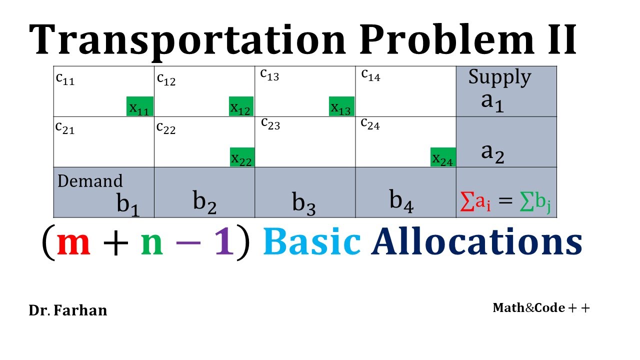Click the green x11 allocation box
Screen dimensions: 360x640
[x=139, y=106]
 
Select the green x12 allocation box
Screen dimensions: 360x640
[x=241, y=106]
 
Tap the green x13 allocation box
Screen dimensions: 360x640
[x=341, y=106]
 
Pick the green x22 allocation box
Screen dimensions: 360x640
[x=242, y=157]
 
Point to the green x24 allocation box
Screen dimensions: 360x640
[x=443, y=157]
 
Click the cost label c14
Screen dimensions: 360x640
[x=370, y=75]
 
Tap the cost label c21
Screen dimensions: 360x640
[x=65, y=128]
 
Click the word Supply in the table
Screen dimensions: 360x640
[x=499, y=77]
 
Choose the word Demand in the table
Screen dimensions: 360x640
[x=90, y=180]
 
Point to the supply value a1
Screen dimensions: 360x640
[x=492, y=101]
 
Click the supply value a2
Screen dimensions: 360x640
[x=492, y=152]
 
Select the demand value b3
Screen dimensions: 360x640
[x=304, y=203]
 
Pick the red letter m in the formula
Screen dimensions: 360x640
[x=73, y=242]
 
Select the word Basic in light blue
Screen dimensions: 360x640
[x=311, y=242]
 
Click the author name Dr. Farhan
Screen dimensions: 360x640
[x=68, y=310]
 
